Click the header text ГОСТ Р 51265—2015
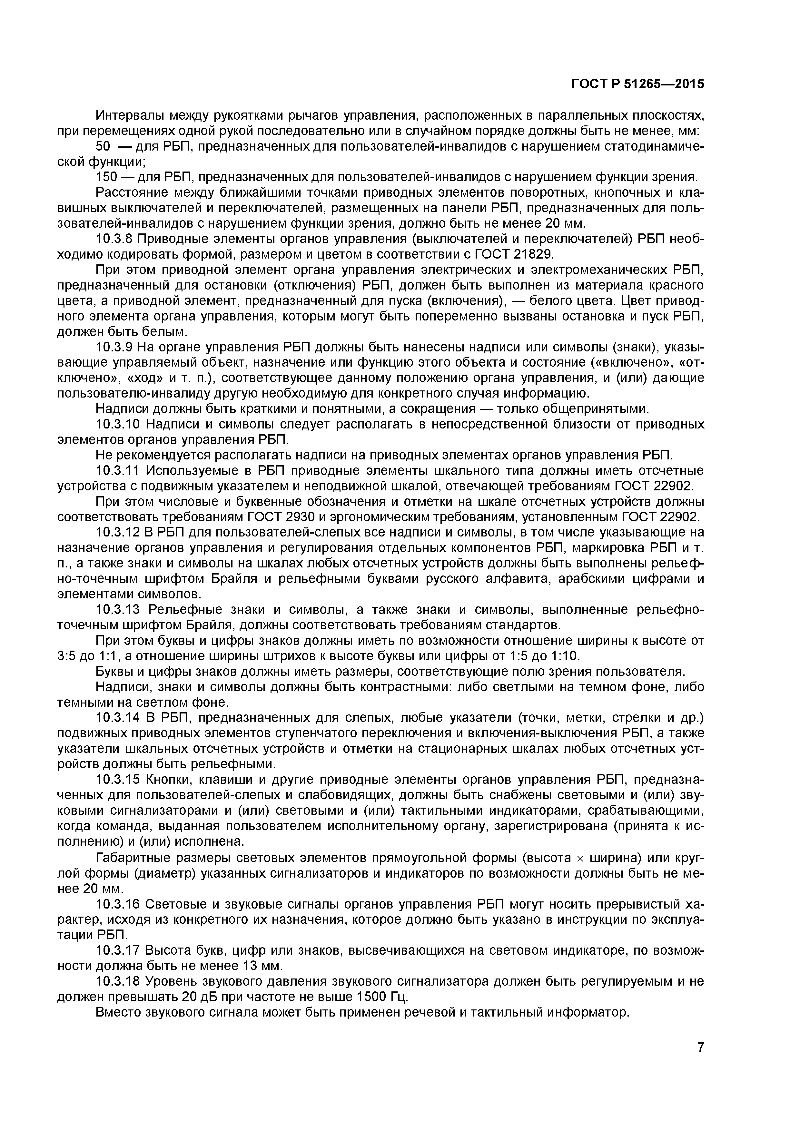point(637,84)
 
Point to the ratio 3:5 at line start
point(66,656)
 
